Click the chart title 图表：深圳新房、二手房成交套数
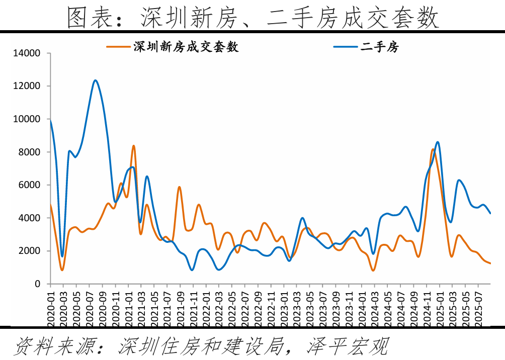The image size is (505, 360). click(x=252, y=18)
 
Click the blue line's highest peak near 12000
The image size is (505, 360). click(x=96, y=80)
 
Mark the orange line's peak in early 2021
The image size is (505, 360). click(x=134, y=146)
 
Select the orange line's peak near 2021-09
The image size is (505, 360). click(x=179, y=187)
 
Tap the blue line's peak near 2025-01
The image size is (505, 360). click(x=438, y=142)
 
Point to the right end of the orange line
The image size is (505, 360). click(x=490, y=263)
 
